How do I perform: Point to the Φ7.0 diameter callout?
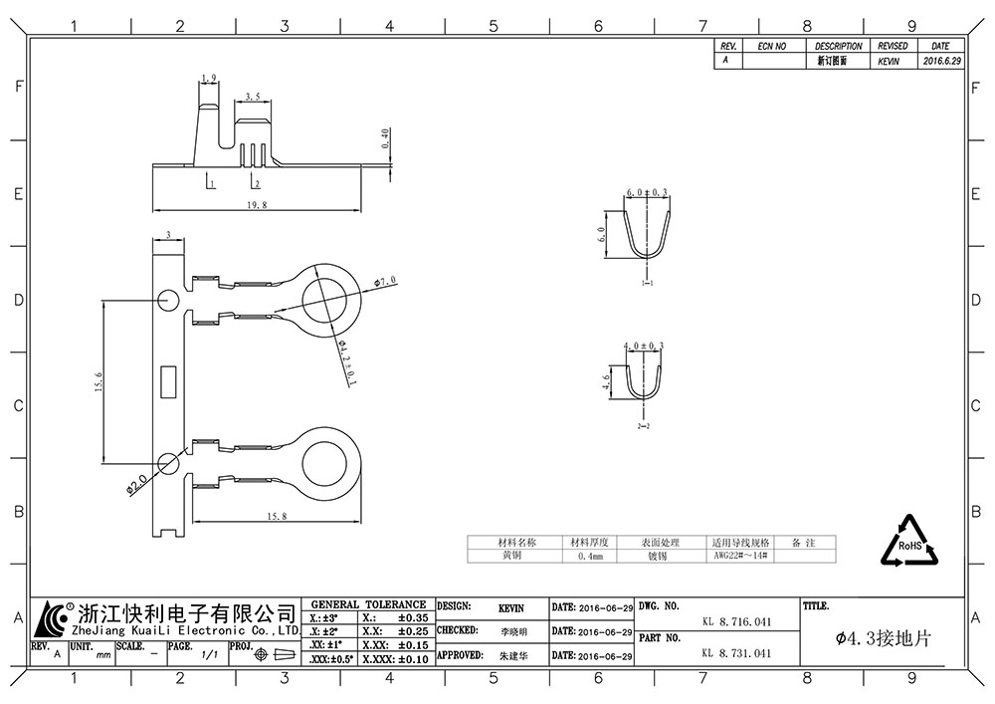click(x=385, y=282)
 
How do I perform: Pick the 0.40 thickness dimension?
click(x=385, y=137)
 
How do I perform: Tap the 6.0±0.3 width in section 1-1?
click(x=646, y=192)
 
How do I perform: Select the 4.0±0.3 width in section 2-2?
click(x=643, y=345)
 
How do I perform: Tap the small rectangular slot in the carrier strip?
click(x=168, y=379)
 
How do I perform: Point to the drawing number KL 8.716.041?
click(x=736, y=621)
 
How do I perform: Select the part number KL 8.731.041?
click(x=736, y=653)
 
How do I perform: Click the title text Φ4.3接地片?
click(x=884, y=638)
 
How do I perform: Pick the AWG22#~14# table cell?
click(x=740, y=557)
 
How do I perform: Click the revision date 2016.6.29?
click(x=941, y=61)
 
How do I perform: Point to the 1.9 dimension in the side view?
click(x=209, y=78)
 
